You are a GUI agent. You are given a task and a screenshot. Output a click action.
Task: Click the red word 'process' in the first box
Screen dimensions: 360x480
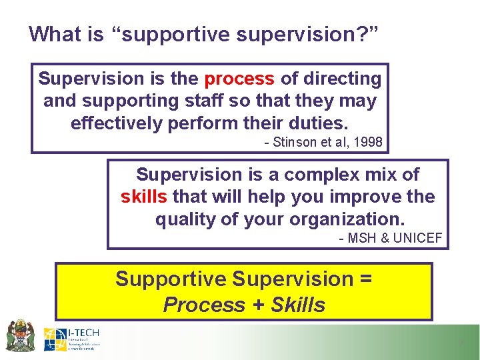[x=239, y=79]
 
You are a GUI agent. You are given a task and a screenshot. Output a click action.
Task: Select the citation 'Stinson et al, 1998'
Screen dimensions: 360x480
[x=323, y=141]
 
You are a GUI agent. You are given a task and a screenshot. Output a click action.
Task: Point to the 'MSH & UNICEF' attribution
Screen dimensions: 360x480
[x=390, y=238]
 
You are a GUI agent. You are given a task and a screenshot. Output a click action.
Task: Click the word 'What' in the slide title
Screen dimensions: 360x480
[x=53, y=33]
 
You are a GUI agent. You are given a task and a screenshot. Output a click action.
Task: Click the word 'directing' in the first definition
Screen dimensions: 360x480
[x=343, y=79]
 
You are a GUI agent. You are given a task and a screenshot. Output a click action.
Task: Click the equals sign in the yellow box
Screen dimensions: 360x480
[x=365, y=279]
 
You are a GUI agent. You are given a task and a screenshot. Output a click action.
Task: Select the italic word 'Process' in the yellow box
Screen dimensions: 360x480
[x=204, y=305]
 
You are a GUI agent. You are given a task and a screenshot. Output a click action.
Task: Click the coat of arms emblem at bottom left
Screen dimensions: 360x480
[x=20, y=335]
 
